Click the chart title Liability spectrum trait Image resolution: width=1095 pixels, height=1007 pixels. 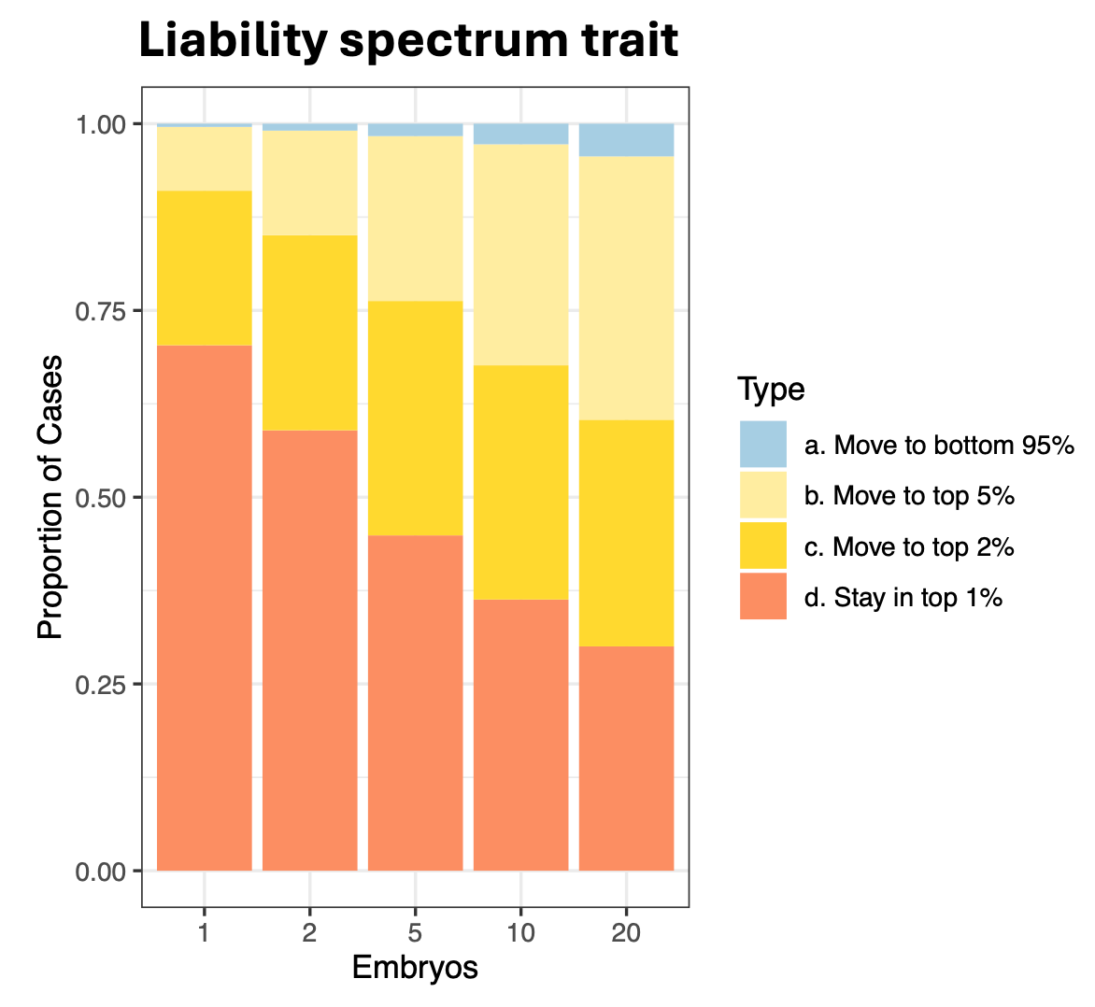(408, 42)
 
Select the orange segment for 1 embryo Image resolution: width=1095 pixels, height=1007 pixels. (204, 607)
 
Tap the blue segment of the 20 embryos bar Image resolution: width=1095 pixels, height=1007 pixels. (626, 140)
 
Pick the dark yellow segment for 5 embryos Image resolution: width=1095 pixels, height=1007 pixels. (415, 418)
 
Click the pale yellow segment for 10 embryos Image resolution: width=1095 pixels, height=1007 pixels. (520, 254)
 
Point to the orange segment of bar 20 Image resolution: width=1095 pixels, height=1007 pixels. (626, 758)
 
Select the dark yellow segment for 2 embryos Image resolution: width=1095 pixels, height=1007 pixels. (309, 333)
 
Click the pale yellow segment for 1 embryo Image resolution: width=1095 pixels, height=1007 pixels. (204, 159)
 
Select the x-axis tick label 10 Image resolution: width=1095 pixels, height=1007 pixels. (520, 932)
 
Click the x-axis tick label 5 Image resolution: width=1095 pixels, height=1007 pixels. (415, 932)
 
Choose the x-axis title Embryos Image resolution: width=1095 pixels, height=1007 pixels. (415, 968)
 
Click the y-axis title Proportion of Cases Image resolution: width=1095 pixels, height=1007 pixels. (50, 497)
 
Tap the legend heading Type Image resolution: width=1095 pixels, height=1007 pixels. (771, 389)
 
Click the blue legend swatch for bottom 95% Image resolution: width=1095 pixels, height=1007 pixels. (762, 445)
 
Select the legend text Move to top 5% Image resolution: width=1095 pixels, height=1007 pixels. (908, 495)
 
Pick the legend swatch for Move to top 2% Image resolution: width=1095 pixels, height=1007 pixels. (762, 546)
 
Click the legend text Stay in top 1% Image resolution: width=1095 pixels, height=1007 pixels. (903, 597)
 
